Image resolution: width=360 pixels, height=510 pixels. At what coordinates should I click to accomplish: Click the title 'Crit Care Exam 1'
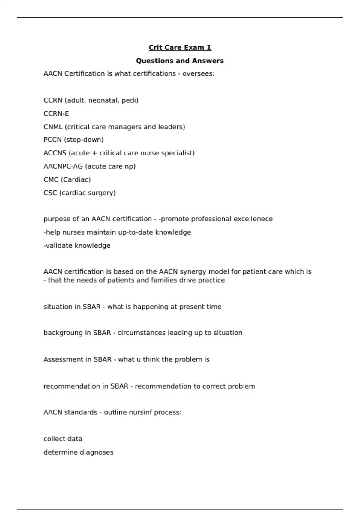180,48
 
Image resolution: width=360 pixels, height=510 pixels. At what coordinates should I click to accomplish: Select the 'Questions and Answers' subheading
180,61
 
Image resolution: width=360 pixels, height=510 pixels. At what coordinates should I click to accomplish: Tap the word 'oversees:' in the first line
198,74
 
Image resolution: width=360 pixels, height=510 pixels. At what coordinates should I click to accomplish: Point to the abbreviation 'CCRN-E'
56,114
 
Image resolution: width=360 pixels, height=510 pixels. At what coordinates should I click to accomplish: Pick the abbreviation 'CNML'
53,127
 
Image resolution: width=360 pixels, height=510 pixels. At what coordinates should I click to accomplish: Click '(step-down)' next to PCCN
84,140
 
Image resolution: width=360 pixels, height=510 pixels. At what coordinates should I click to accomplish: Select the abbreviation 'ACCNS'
55,153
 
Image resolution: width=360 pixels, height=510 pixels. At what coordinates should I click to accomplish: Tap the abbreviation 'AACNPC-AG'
63,166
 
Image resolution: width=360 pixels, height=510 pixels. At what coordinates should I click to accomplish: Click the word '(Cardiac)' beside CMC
76,180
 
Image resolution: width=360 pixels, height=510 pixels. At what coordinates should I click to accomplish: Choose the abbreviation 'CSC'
50,193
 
